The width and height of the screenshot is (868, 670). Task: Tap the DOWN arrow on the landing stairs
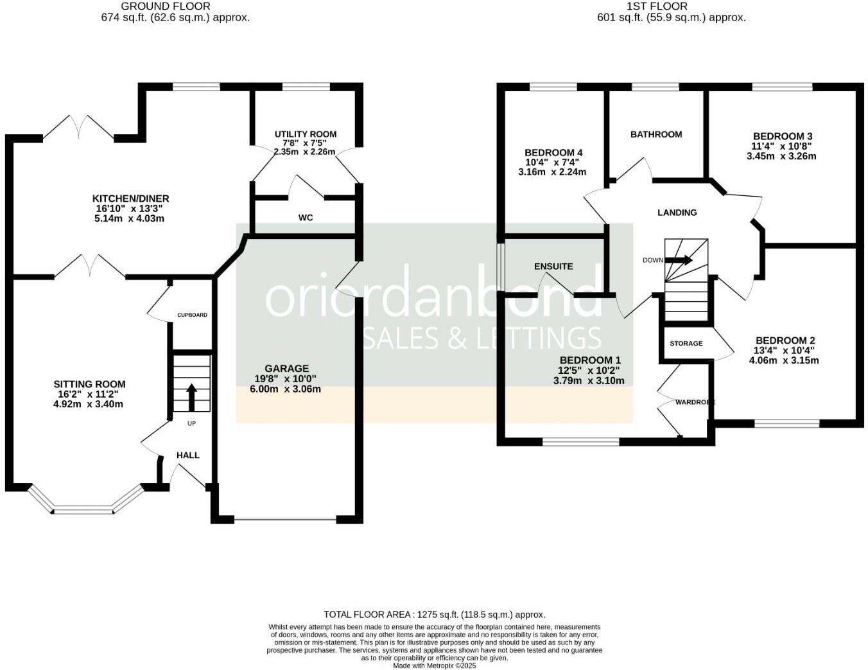[679, 260]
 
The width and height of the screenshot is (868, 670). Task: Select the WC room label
[306, 218]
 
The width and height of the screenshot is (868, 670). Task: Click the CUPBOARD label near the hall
[192, 315]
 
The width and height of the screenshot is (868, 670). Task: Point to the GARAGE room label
[286, 368]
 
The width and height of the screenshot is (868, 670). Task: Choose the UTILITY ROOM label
[305, 134]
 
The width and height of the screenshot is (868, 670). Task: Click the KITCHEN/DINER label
[130, 198]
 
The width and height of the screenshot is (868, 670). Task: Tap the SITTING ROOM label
[89, 384]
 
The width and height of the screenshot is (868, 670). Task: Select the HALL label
[188, 455]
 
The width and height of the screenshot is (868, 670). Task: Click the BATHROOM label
[655, 134]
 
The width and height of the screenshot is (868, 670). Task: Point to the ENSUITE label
[553, 266]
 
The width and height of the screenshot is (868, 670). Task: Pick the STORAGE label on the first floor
[686, 343]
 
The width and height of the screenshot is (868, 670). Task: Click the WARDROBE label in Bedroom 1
[695, 402]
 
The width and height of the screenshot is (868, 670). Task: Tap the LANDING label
[677, 213]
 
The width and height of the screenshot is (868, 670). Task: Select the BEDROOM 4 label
[553, 152]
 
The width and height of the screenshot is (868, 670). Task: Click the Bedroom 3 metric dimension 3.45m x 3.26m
[781, 156]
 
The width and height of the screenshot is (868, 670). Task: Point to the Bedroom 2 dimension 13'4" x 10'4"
[785, 351]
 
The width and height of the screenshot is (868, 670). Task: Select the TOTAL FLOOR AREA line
[434, 614]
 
